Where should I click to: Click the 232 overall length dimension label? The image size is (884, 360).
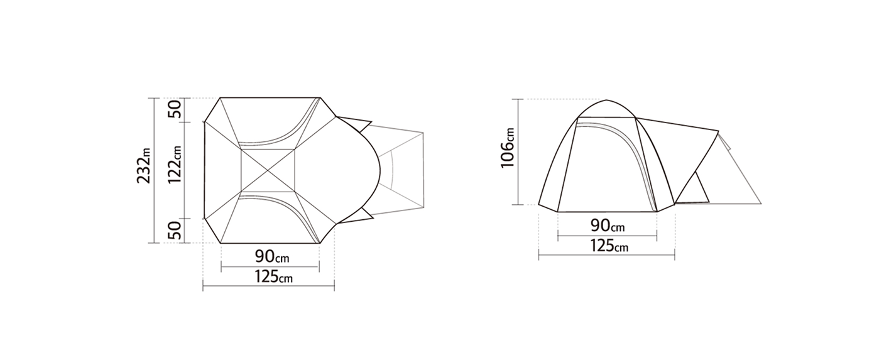(x=144, y=166)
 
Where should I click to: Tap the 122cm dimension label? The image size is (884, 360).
(x=174, y=165)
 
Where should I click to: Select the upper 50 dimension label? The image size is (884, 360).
(x=174, y=109)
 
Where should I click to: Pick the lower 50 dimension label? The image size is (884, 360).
(x=174, y=231)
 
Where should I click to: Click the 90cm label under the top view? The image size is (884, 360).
(x=272, y=256)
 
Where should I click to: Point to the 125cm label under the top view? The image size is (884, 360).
(x=273, y=276)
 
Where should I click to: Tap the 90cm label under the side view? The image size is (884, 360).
(x=608, y=226)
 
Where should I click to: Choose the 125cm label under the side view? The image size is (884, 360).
(x=609, y=246)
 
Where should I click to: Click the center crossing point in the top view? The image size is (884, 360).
(x=268, y=170)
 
